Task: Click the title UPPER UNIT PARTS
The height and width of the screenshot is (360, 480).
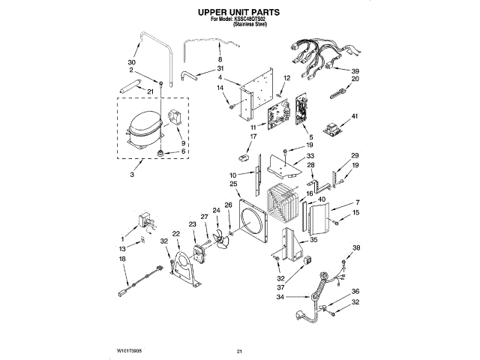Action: click(x=239, y=13)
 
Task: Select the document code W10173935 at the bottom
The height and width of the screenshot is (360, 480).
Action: click(x=130, y=350)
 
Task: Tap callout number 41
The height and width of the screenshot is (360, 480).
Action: click(x=355, y=116)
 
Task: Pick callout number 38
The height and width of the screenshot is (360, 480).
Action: click(x=356, y=248)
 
